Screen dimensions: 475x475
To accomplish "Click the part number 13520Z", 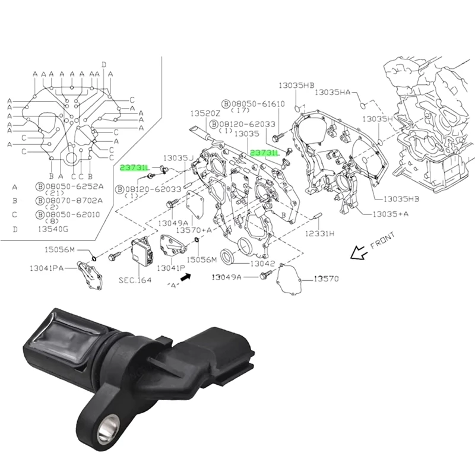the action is coord(205,113).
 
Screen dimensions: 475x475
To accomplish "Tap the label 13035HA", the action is coord(333,92).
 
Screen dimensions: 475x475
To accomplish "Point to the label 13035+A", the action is coord(389,213).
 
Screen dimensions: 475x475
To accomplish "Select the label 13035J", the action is coord(179,157).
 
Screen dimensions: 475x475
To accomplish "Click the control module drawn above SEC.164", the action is coord(142,253).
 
